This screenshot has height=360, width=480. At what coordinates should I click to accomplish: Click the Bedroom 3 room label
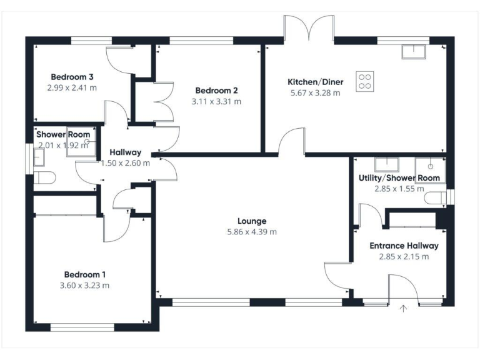(x=72, y=77)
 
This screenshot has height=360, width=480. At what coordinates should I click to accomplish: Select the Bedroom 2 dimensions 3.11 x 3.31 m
(x=216, y=101)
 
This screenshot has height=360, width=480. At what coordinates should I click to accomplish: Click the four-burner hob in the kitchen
(x=366, y=81)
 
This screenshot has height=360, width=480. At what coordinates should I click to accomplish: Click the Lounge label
(x=252, y=221)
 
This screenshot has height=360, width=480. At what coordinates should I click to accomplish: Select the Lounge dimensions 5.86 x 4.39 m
(x=252, y=231)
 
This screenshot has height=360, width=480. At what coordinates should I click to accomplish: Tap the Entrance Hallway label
(x=404, y=246)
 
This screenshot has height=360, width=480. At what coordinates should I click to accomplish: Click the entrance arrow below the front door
(x=403, y=307)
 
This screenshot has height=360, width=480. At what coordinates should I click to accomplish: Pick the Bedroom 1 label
(x=85, y=274)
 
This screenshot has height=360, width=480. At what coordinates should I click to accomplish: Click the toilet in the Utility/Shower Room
(x=435, y=197)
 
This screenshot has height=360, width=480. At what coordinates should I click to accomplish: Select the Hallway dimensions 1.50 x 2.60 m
(x=126, y=163)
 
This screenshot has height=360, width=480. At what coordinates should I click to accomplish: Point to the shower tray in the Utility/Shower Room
(x=431, y=168)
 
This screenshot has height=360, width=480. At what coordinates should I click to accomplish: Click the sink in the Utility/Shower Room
(x=386, y=165)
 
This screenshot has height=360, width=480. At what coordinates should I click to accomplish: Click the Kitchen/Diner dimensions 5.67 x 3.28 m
(x=315, y=93)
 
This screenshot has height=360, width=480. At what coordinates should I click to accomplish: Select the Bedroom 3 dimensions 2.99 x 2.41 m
(x=72, y=87)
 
